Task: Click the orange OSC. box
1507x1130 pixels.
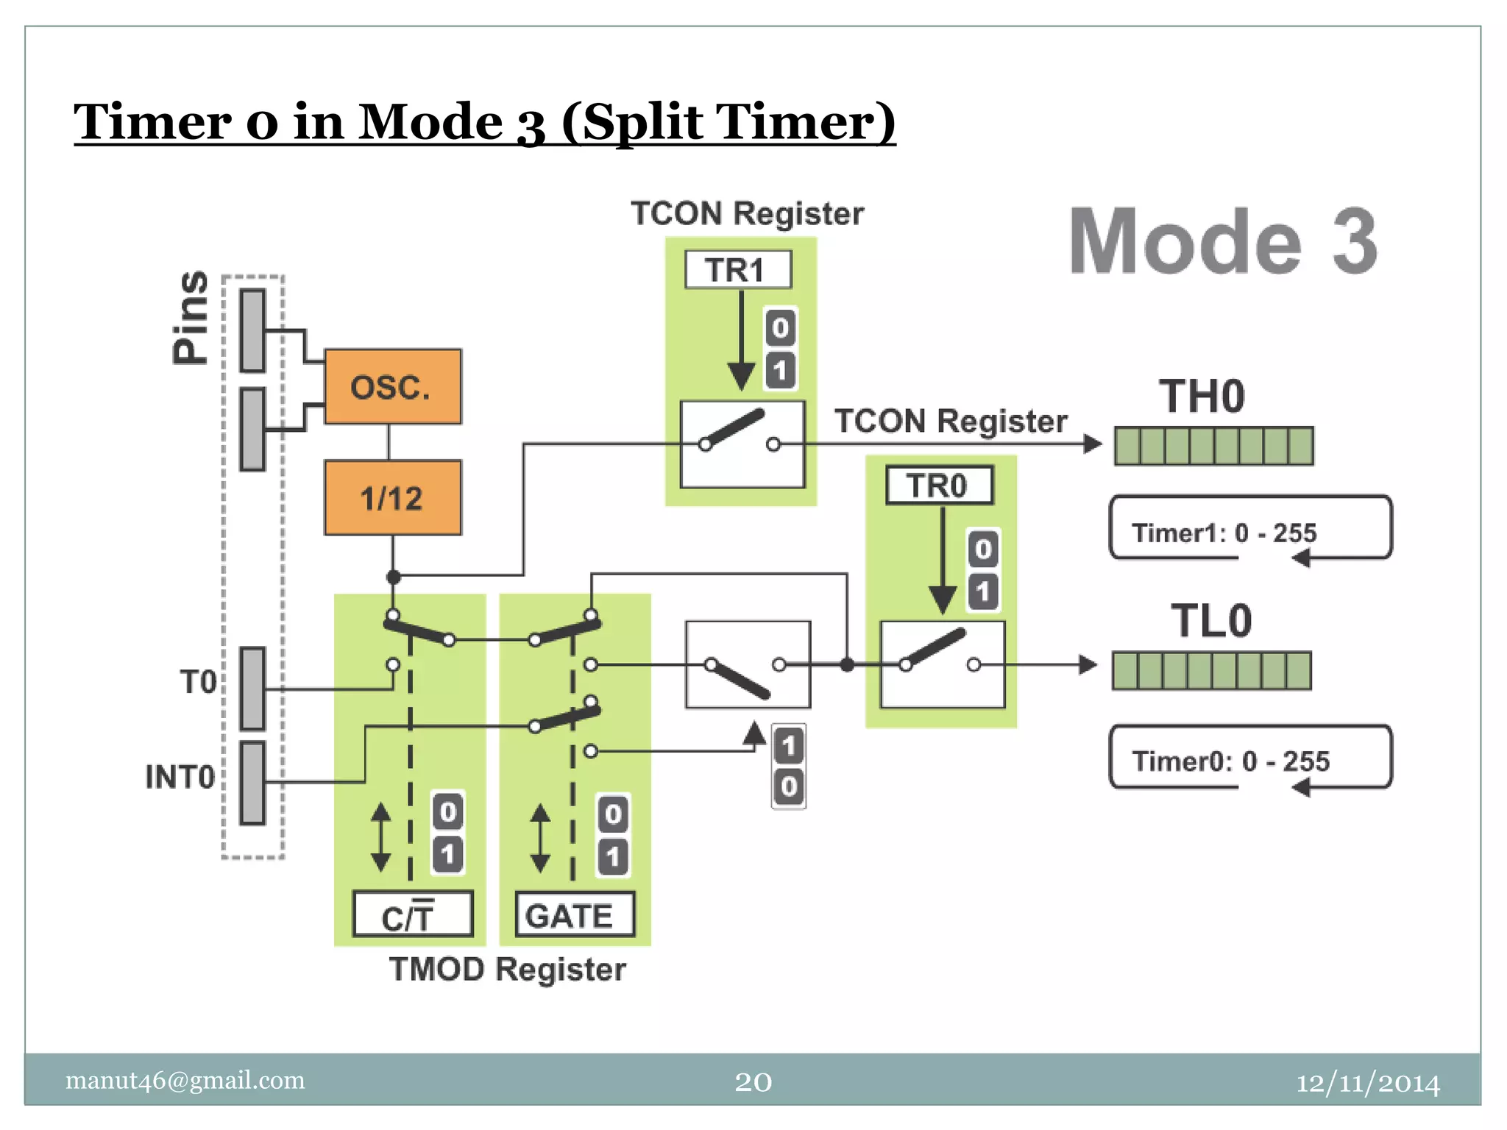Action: click(x=392, y=386)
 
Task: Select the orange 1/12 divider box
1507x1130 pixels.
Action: click(x=392, y=498)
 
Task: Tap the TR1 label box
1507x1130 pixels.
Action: click(x=737, y=270)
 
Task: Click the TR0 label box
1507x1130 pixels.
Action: click(x=939, y=486)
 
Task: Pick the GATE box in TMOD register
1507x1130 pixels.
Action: click(x=574, y=915)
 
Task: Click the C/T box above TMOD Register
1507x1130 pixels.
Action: click(x=412, y=915)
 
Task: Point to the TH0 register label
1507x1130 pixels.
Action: click(x=1202, y=397)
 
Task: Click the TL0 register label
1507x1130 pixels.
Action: click(x=1211, y=621)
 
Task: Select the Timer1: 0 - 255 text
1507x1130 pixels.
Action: click(x=1224, y=533)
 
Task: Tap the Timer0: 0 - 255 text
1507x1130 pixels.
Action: click(x=1230, y=761)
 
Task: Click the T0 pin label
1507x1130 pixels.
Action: click(x=198, y=682)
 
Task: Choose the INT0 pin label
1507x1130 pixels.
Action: click(x=180, y=777)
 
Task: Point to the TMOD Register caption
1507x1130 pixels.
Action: click(x=507, y=970)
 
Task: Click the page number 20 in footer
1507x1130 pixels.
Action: click(x=753, y=1081)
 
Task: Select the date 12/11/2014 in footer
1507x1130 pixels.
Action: click(x=1367, y=1083)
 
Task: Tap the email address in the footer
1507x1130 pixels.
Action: click(x=185, y=1080)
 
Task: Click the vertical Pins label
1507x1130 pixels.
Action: click(x=191, y=317)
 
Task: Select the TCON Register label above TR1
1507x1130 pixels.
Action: click(x=747, y=214)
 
